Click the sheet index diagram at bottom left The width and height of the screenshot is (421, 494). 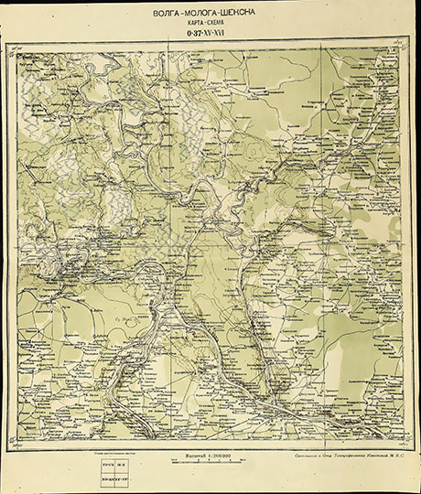(x=113, y=467)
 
